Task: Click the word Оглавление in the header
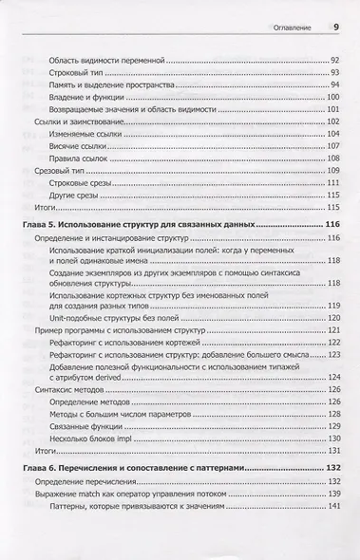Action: pyautogui.click(x=296, y=28)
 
